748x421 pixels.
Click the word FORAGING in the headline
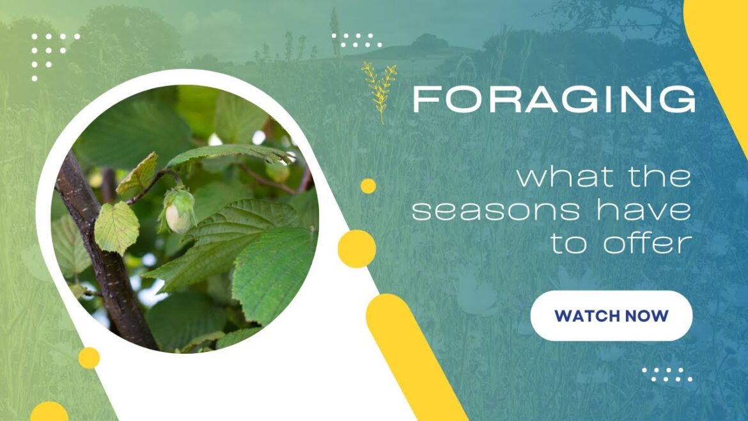pyautogui.click(x=554, y=100)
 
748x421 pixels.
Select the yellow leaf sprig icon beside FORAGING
pyautogui.click(x=379, y=91)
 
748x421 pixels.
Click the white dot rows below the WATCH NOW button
pyautogui.click(x=667, y=374)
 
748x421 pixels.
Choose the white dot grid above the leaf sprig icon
pyautogui.click(x=357, y=40)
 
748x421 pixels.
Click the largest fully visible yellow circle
pyautogui.click(x=356, y=248)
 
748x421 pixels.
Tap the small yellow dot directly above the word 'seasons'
pyautogui.click(x=368, y=186)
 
